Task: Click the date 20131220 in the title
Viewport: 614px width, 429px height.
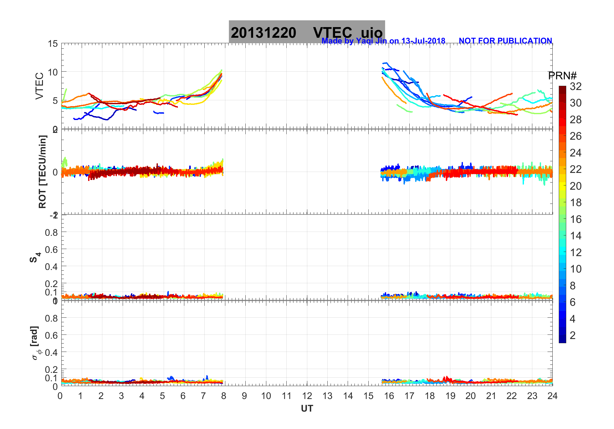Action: click(263, 33)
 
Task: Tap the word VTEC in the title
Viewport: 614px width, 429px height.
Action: click(333, 33)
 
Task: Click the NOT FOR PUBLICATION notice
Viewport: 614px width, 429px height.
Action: click(505, 41)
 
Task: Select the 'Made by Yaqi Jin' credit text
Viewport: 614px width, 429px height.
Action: click(383, 41)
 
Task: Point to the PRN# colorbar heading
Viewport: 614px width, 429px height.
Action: click(562, 76)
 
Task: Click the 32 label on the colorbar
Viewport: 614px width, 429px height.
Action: click(576, 86)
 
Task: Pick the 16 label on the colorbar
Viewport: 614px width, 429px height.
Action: click(576, 219)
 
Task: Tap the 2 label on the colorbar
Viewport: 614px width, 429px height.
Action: click(573, 335)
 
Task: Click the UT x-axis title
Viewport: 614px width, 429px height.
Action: click(307, 409)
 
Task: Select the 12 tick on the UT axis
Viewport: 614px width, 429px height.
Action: click(307, 396)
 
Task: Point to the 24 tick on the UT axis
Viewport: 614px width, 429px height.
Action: click(552, 396)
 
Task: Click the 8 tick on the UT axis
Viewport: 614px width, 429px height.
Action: click(224, 396)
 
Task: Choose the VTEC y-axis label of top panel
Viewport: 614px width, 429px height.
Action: click(39, 86)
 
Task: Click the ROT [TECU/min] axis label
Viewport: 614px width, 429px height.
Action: click(43, 172)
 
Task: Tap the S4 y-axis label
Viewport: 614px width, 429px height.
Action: click(35, 257)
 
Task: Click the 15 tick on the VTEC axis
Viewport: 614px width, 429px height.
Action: click(53, 44)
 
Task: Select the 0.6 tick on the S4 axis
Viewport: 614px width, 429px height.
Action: click(51, 249)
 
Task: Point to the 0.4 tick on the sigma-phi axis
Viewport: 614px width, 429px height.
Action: click(51, 352)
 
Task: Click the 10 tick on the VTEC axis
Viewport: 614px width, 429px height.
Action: click(53, 72)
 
